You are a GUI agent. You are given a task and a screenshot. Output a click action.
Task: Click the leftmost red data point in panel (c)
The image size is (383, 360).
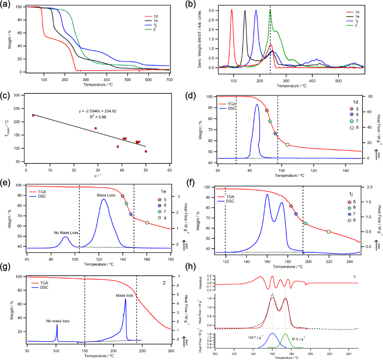[33, 115]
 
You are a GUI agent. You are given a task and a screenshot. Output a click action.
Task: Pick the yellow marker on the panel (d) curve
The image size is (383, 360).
[287, 145]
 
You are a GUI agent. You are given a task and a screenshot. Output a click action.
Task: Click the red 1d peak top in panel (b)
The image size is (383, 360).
[232, 10]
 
